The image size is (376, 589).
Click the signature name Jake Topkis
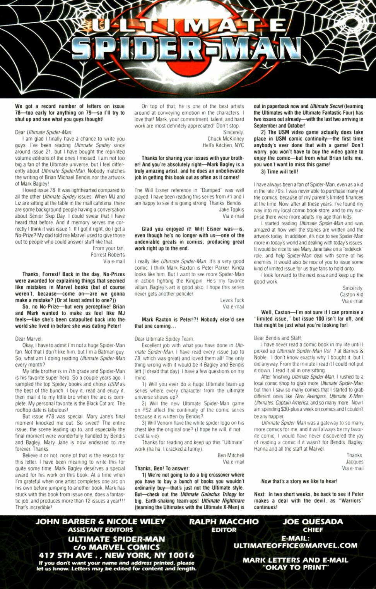click(x=231, y=209)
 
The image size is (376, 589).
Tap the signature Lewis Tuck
click(x=232, y=300)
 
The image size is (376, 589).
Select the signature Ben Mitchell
click(x=231, y=455)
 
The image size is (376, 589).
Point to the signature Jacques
click(x=354, y=462)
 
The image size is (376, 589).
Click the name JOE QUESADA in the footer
click(x=313, y=522)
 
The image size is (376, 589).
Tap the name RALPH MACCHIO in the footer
click(x=224, y=522)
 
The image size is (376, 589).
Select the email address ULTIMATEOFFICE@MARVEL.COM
click(x=295, y=546)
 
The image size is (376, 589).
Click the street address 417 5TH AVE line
click(x=116, y=555)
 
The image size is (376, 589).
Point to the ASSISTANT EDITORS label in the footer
click(x=100, y=530)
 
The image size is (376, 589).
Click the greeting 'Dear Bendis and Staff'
click(x=277, y=338)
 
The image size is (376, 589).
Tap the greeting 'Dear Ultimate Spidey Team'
click(x=164, y=339)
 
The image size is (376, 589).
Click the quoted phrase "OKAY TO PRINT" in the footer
click(x=295, y=567)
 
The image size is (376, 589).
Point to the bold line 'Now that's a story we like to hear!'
click(x=299, y=481)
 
